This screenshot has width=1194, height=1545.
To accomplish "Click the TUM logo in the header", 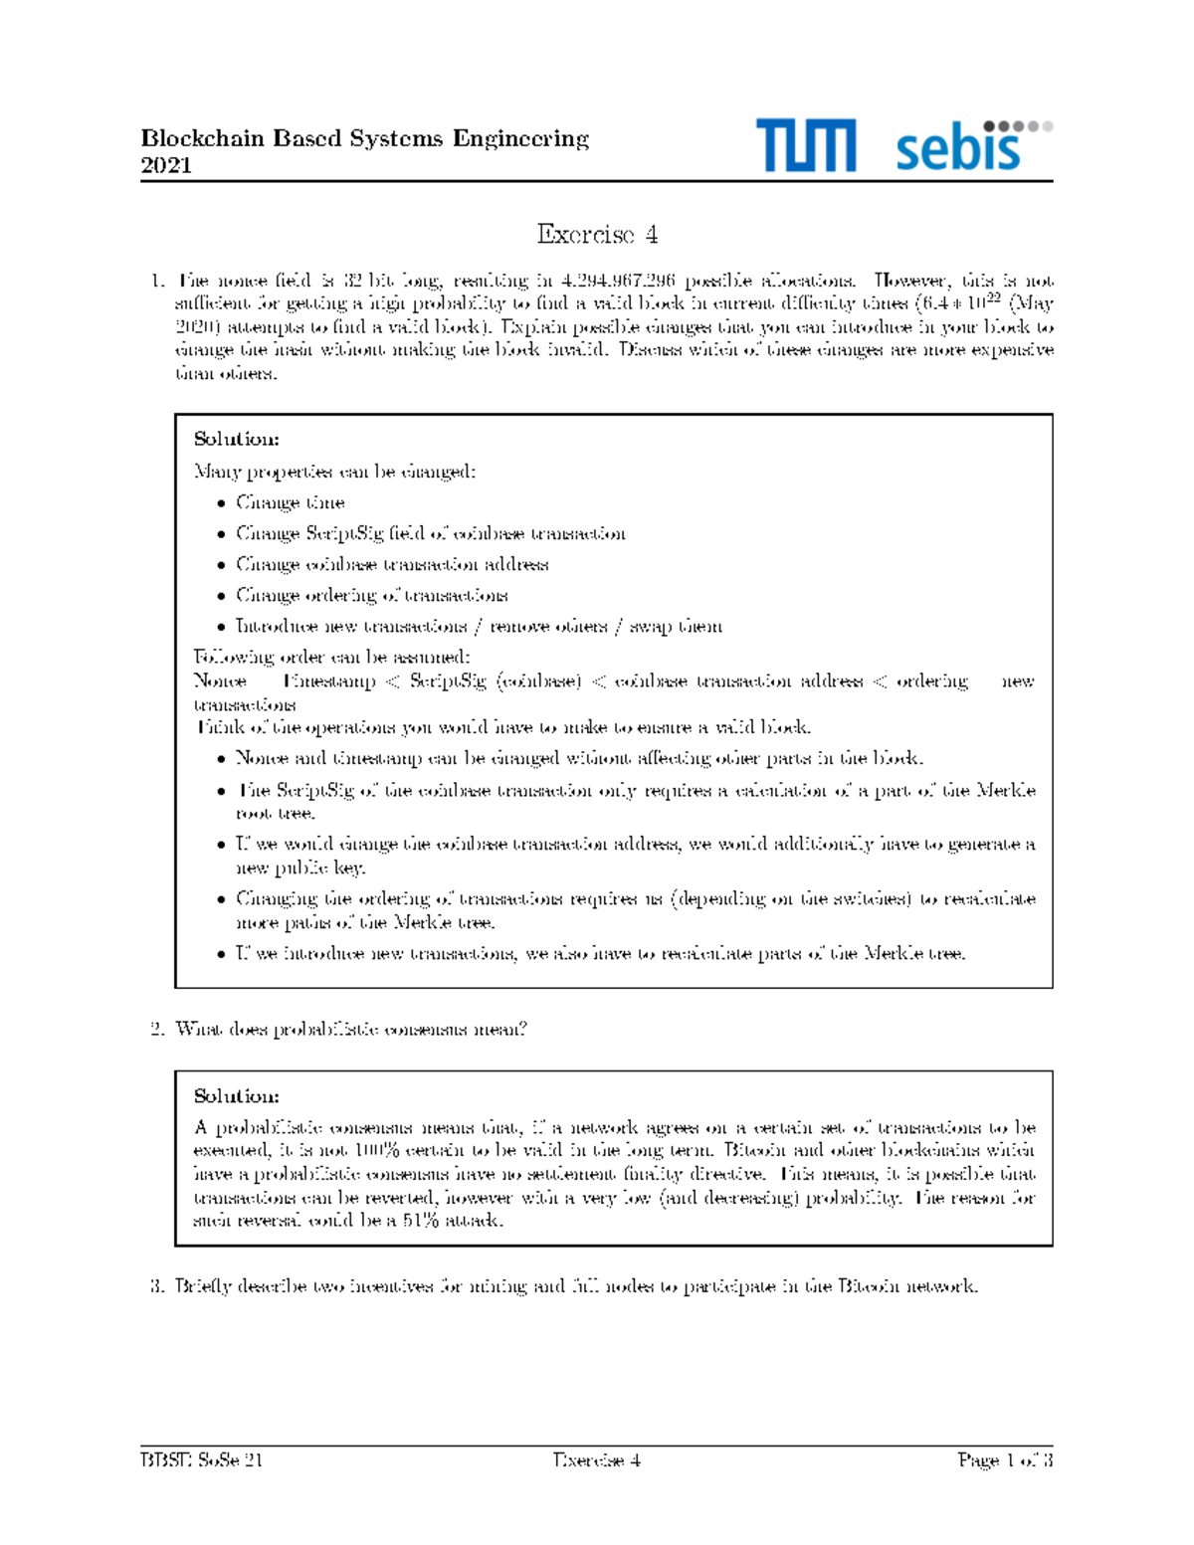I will pyautogui.click(x=804, y=145).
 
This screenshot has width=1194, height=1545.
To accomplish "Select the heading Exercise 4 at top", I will pyautogui.click(x=597, y=235).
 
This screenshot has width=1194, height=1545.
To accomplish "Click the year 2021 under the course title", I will pyautogui.click(x=166, y=165).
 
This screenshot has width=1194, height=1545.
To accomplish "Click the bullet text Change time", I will pyautogui.click(x=290, y=502).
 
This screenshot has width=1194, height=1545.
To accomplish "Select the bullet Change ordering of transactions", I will pyautogui.click(x=371, y=595).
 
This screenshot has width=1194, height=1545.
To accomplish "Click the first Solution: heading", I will pyautogui.click(x=236, y=439).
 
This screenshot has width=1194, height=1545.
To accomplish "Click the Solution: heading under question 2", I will pyautogui.click(x=236, y=1096).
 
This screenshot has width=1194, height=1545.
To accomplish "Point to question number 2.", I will pyautogui.click(x=156, y=1030).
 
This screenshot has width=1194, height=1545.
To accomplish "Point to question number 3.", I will pyautogui.click(x=156, y=1286).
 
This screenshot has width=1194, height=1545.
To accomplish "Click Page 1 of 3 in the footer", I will pyautogui.click(x=1005, y=1460).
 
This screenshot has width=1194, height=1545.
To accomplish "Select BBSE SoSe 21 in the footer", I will pyautogui.click(x=201, y=1460).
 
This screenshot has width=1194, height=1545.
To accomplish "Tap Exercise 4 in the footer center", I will pyautogui.click(x=596, y=1460).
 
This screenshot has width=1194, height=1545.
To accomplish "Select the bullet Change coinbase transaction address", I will pyautogui.click(x=391, y=564).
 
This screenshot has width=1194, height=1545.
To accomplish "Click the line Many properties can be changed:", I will pyautogui.click(x=334, y=472).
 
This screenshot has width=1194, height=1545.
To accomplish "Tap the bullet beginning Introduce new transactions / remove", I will pyautogui.click(x=479, y=627).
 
